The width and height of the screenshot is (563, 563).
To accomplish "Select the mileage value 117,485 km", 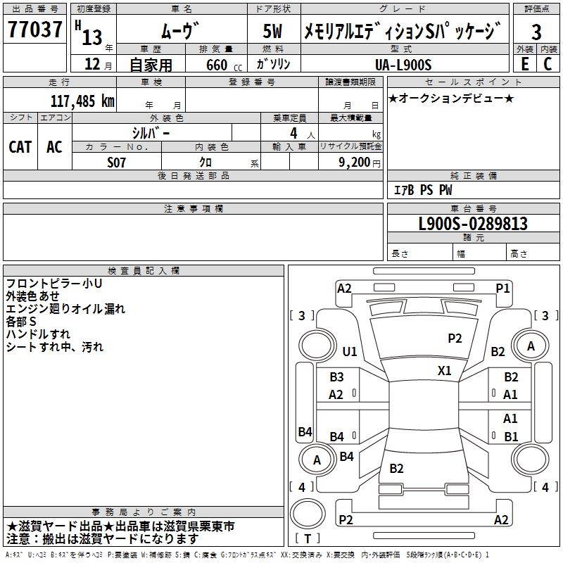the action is point(82,101).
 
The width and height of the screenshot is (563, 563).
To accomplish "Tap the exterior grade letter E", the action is point(524,63).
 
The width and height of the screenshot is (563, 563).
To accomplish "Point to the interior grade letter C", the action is point(548,63).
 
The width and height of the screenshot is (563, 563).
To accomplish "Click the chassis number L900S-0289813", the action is point(472,224).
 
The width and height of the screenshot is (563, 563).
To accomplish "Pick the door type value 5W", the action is point(273,31).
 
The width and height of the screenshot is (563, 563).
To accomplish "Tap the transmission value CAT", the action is point(20,147).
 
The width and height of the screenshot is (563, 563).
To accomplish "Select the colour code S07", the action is point(116,163).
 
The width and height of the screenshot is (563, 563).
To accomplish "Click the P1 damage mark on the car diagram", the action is point(502,288).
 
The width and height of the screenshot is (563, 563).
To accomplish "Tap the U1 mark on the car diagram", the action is point(350,351).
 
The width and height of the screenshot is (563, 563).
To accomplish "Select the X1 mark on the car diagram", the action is point(445,370).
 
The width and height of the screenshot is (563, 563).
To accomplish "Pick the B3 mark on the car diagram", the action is point(337,377).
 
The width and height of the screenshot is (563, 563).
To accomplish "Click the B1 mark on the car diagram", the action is point(511,436).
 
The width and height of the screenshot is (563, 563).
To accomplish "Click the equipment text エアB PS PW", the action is point(422,190).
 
